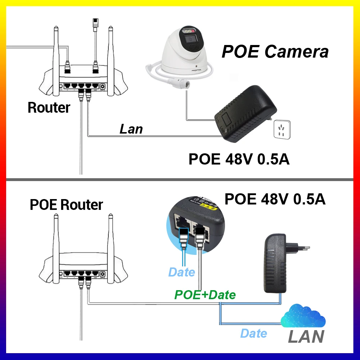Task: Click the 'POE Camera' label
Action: [x=275, y=51]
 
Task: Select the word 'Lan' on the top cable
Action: [x=131, y=129]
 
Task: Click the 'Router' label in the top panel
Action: [x=49, y=107]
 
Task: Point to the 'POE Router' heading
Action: [x=66, y=204]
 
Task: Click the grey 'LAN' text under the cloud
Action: [x=306, y=337]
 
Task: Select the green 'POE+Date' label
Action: [x=205, y=295]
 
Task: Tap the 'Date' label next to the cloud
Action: [x=254, y=333]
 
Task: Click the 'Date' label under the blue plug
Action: [x=182, y=272]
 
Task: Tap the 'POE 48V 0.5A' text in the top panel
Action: [x=239, y=159]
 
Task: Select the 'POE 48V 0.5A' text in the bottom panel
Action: [x=275, y=199]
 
